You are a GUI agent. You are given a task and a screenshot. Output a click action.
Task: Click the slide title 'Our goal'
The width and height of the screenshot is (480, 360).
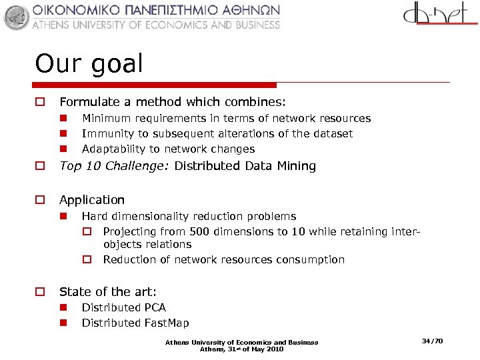[x=89, y=64]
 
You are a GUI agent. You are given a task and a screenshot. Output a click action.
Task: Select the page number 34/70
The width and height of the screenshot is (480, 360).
[x=432, y=341]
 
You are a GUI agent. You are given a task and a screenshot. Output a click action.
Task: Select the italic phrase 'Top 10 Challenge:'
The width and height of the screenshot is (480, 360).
[x=115, y=166]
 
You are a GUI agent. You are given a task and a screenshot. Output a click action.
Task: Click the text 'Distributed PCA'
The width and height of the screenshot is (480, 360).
[x=123, y=307]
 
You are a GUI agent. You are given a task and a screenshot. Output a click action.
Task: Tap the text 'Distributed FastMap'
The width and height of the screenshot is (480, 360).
[x=135, y=323]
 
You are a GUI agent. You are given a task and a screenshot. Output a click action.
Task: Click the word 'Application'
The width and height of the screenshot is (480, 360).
[x=92, y=200]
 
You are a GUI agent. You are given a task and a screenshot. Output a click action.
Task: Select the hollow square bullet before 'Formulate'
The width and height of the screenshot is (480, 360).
[x=40, y=103]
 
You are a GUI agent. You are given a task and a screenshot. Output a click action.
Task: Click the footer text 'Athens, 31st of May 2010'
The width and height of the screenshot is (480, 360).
[x=241, y=349]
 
